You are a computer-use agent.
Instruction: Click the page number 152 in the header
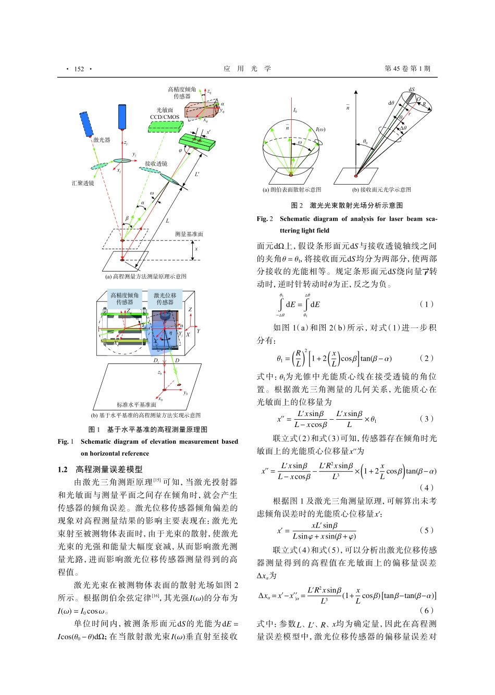(79, 69)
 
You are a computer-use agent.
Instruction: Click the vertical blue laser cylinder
(122, 117)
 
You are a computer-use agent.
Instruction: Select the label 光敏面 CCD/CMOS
(165, 114)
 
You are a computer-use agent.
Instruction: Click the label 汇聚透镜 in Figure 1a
(83, 183)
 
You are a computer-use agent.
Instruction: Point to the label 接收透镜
(156, 163)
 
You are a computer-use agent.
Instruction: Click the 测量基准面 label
(189, 234)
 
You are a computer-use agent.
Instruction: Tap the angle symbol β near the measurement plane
(127, 218)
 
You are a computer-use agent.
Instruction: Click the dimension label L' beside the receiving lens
(197, 174)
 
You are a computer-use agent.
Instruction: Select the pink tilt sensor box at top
(202, 110)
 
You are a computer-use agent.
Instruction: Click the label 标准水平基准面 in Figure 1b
(136, 405)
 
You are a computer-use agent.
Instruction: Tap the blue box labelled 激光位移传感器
(165, 299)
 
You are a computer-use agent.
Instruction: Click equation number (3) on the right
(426, 419)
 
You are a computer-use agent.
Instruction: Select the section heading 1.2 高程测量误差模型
(100, 469)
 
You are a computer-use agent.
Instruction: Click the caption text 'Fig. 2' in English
(265, 219)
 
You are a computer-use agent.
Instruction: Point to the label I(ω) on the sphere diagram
(320, 129)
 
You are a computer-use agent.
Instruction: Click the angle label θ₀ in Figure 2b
(365, 141)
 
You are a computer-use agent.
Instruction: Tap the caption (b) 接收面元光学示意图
(381, 190)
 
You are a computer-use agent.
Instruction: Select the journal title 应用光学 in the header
(247, 69)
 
